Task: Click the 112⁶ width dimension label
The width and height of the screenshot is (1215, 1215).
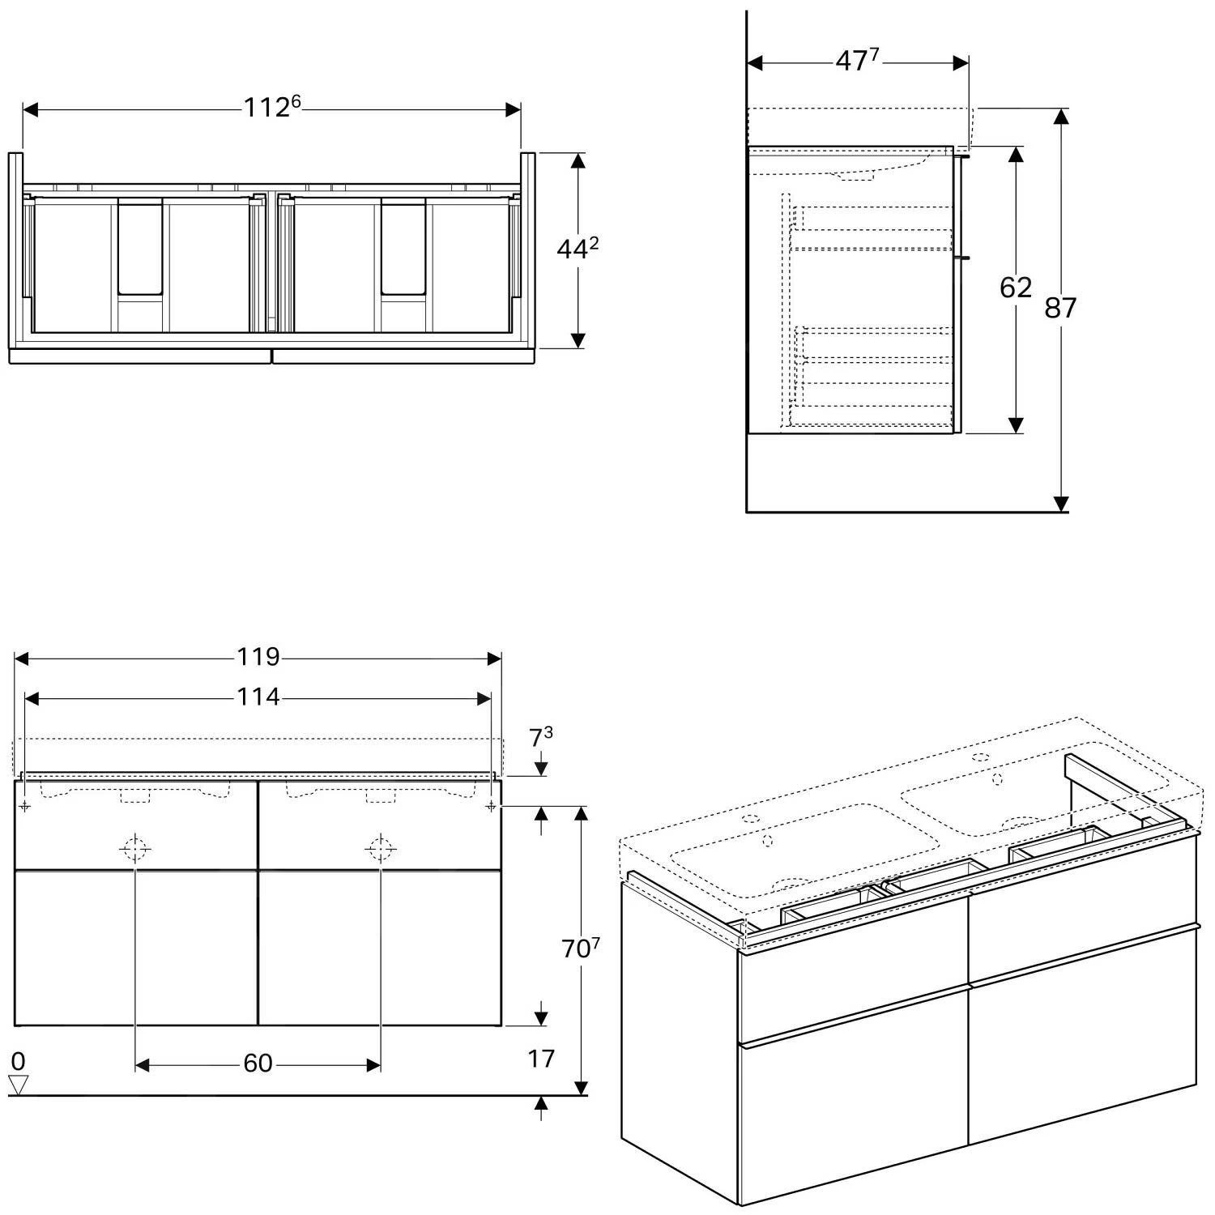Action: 272,107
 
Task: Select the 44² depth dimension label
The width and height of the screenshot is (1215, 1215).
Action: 577,249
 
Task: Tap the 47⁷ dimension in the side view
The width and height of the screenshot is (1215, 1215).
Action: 857,61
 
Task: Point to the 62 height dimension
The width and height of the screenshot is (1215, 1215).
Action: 1015,288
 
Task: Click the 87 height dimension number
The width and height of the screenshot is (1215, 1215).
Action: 1059,308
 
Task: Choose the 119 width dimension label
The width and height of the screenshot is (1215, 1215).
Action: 258,657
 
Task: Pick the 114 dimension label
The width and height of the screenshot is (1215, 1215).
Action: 258,697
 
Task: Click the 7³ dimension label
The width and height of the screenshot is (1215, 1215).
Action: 541,739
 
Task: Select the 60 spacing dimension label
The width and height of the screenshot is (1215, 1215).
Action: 258,1064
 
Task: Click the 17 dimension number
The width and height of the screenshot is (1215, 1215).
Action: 541,1059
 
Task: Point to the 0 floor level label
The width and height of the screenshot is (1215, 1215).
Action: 18,1061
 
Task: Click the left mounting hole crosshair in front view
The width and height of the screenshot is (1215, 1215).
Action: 25,806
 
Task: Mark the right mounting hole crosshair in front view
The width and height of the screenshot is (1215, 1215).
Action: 491,806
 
